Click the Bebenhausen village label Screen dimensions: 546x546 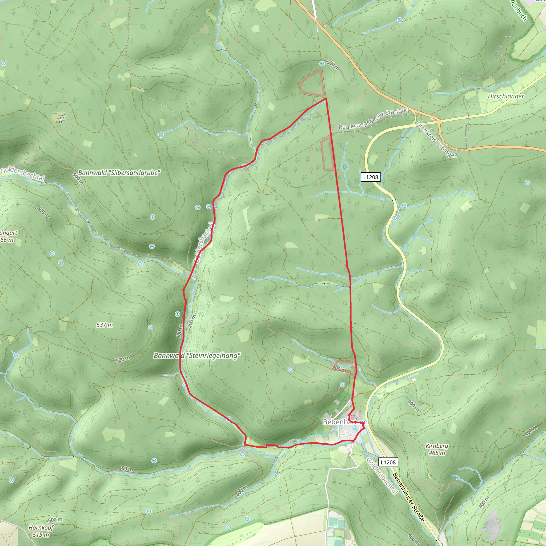(345, 422)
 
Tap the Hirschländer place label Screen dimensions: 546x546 (506, 96)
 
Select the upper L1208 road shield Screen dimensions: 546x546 (371, 177)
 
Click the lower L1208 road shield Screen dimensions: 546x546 (388, 462)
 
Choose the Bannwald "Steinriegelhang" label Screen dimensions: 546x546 (197, 356)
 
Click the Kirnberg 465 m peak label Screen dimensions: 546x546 (437, 449)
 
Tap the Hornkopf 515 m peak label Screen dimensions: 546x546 (41, 531)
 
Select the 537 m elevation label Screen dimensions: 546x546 (105, 325)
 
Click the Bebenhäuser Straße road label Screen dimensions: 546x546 (409, 497)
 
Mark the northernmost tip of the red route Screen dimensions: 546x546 (326, 98)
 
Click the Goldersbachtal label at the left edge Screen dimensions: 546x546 (23, 174)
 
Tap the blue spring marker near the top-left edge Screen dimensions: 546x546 (3, 63)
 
